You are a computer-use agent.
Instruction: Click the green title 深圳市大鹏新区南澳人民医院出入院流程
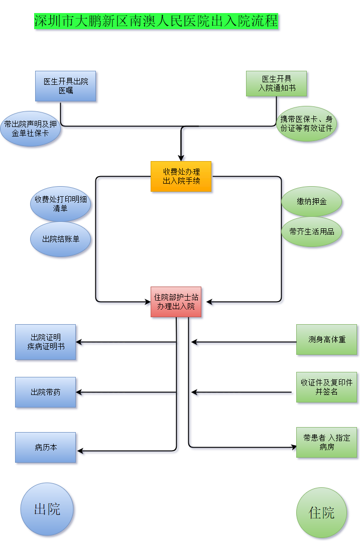pos(156,21)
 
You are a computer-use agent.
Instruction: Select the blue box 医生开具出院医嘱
pos(65,86)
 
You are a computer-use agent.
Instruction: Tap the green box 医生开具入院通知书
pos(276,83)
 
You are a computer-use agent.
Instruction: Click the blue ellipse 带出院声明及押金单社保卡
pos(30,129)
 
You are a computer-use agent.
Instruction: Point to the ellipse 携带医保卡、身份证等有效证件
pos(306,123)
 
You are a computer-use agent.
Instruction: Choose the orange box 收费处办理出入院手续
pos(181,176)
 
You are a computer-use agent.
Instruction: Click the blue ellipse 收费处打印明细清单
pos(60,204)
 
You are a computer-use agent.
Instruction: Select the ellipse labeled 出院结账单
pos(60,239)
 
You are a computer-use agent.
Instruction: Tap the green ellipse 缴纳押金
pos(311,202)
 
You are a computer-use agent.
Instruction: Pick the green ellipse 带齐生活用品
pos(311,231)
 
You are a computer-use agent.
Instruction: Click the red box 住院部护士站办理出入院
pos(176,302)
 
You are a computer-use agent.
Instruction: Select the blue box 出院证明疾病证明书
pos(45,342)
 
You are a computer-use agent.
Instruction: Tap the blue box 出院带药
pos(45,392)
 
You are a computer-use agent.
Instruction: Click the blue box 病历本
pos(45,447)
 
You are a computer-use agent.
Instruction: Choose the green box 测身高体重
pos(326,339)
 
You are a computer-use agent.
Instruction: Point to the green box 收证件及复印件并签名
pos(326,387)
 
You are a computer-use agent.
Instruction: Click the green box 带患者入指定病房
pos(326,442)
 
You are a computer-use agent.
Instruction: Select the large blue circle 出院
pos(47,509)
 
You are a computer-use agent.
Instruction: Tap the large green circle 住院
pos(321,512)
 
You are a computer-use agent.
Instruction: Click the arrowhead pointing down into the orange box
pos(181,157)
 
